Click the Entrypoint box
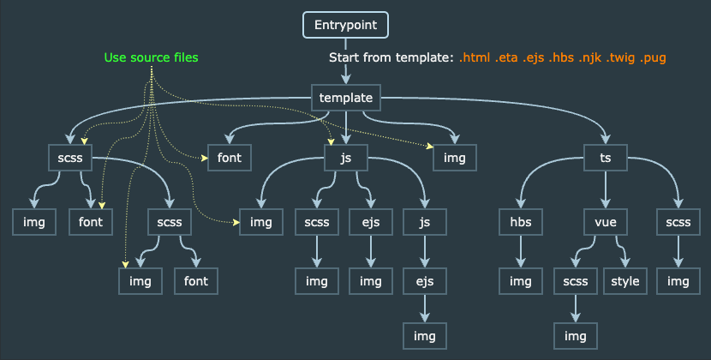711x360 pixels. click(345, 25)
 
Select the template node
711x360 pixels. click(345, 98)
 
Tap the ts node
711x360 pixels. click(606, 158)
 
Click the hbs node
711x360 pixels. click(521, 222)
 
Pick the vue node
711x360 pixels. click(606, 222)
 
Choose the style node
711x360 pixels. click(624, 281)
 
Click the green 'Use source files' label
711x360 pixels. click(151, 57)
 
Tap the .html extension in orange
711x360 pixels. click(475, 57)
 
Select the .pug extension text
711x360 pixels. click(653, 58)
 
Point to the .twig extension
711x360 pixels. click(620, 58)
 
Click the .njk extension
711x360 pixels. click(589, 57)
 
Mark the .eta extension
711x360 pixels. click(506, 57)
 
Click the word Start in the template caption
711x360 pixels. click(343, 57)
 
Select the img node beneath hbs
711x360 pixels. click(521, 281)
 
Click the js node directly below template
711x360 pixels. click(345, 158)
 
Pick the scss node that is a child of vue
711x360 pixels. click(576, 281)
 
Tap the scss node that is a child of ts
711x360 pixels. click(678, 222)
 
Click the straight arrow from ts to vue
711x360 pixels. click(606, 189)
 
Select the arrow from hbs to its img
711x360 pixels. click(521, 251)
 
